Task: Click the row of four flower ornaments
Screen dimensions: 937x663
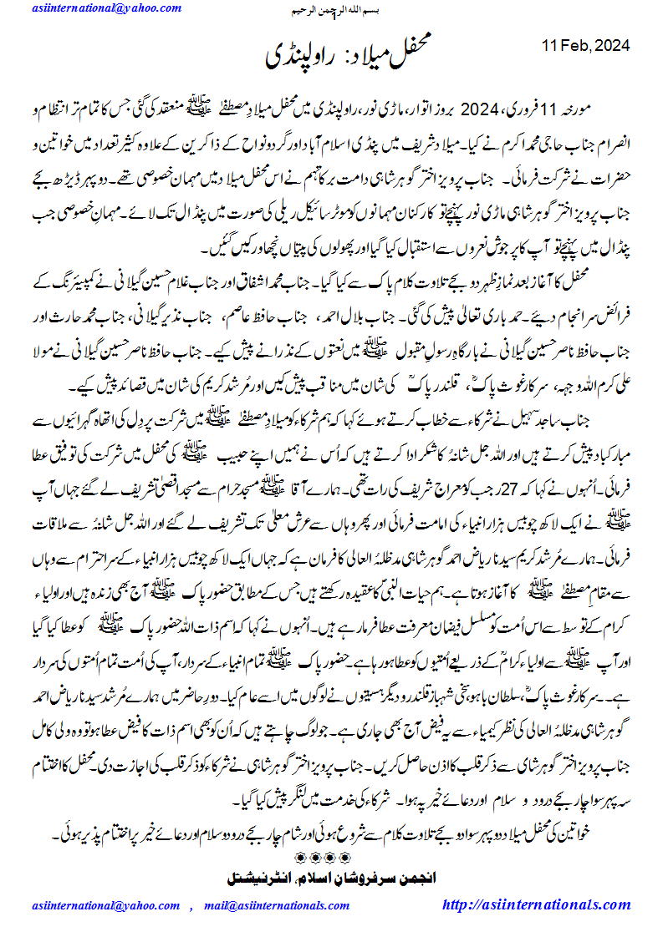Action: pyautogui.click(x=332, y=856)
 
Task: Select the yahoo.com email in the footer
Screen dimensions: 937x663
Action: pyautogui.click(x=104, y=905)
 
